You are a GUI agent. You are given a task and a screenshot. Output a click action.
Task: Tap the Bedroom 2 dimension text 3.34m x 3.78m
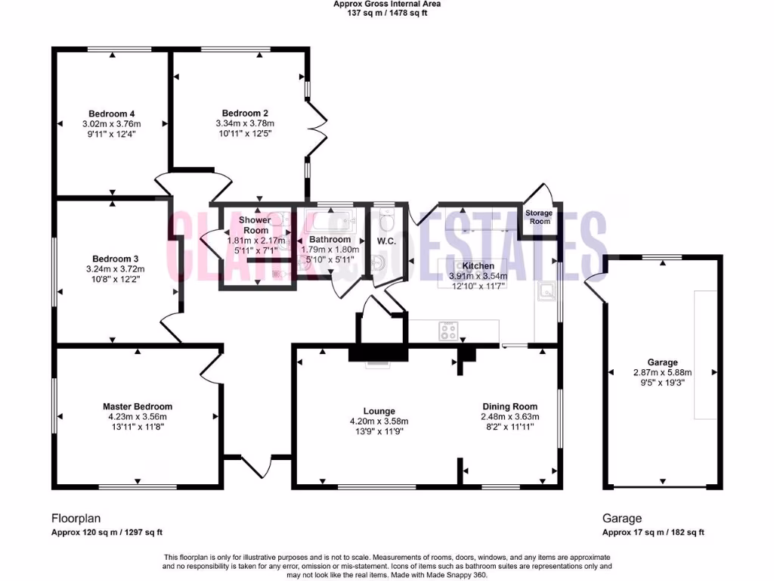pyautogui.click(x=245, y=123)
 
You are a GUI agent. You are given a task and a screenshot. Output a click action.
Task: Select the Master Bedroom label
pyautogui.click(x=138, y=406)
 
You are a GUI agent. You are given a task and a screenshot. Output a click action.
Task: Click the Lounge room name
pyautogui.click(x=379, y=412)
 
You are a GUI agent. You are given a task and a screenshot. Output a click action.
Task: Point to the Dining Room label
pyautogui.click(x=509, y=406)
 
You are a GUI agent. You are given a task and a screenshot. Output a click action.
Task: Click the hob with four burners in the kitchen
pyautogui.click(x=448, y=329)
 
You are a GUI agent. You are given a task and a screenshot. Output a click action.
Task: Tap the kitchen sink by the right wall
pyautogui.click(x=545, y=290)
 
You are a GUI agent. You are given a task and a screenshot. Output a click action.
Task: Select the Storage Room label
pyautogui.click(x=540, y=217)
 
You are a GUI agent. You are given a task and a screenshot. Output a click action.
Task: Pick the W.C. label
pyautogui.click(x=387, y=241)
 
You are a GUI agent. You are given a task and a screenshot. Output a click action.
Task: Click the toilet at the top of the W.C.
pyautogui.click(x=385, y=219)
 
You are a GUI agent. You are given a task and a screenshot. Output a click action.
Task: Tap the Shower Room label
pyautogui.click(x=255, y=225)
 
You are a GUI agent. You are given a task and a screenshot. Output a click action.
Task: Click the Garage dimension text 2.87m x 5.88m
pyautogui.click(x=662, y=372)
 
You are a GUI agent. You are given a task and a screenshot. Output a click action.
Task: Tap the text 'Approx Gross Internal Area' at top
pyautogui.click(x=387, y=4)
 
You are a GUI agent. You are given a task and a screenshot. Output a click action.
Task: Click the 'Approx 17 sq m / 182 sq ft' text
pyautogui.click(x=653, y=532)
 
